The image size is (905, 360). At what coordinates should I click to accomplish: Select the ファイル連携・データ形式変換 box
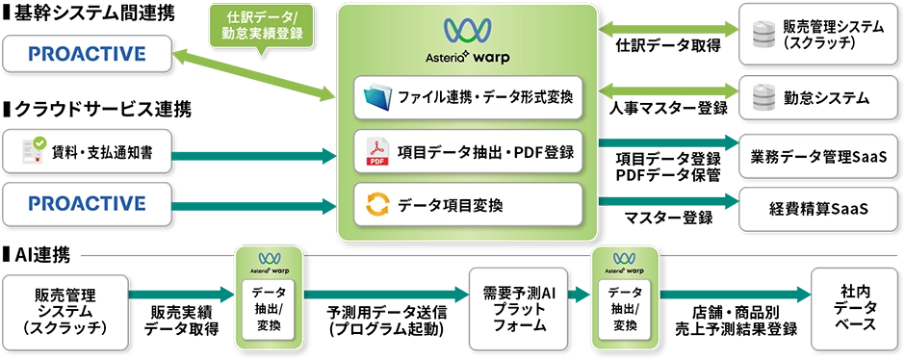pos(468,96)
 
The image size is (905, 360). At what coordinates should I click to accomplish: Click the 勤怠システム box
pos(811,98)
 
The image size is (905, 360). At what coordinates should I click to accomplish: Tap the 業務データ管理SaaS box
pos(811,155)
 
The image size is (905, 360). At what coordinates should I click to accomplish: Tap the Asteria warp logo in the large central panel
pos(468,40)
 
